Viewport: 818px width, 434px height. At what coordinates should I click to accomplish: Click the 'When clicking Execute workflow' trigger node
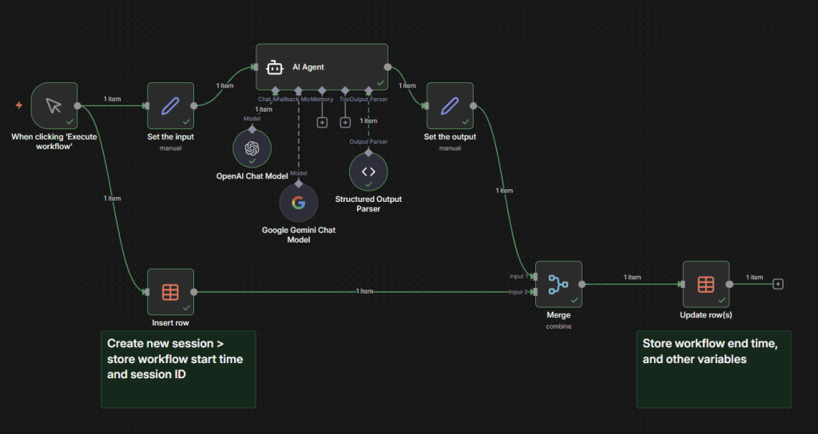54,105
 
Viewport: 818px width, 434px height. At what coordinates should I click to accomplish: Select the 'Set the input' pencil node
170,105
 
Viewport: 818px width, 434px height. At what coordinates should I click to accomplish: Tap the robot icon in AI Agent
275,67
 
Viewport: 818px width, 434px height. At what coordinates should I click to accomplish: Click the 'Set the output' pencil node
450,105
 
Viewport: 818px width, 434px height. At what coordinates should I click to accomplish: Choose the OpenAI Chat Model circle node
252,148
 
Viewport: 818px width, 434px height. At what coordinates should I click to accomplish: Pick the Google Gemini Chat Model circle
298,202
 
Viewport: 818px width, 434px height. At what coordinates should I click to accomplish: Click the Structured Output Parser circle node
368,172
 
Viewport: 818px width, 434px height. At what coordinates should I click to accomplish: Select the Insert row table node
170,291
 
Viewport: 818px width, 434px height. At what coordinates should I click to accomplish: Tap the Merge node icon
558,284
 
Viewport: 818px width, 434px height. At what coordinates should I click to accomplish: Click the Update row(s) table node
705,284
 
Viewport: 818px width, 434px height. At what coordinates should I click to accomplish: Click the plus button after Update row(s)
778,284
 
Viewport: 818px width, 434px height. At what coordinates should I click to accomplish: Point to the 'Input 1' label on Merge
518,276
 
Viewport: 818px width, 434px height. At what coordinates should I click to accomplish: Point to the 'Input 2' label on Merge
518,292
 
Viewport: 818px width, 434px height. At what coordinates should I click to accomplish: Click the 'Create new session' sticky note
177,368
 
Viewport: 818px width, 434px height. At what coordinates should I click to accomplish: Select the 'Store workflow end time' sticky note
713,368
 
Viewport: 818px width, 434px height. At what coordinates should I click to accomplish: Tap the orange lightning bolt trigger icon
19,105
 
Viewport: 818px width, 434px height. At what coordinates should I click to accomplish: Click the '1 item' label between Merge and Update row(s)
633,278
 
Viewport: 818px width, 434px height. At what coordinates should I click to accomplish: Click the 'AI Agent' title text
308,67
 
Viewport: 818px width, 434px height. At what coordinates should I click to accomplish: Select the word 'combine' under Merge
558,326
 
